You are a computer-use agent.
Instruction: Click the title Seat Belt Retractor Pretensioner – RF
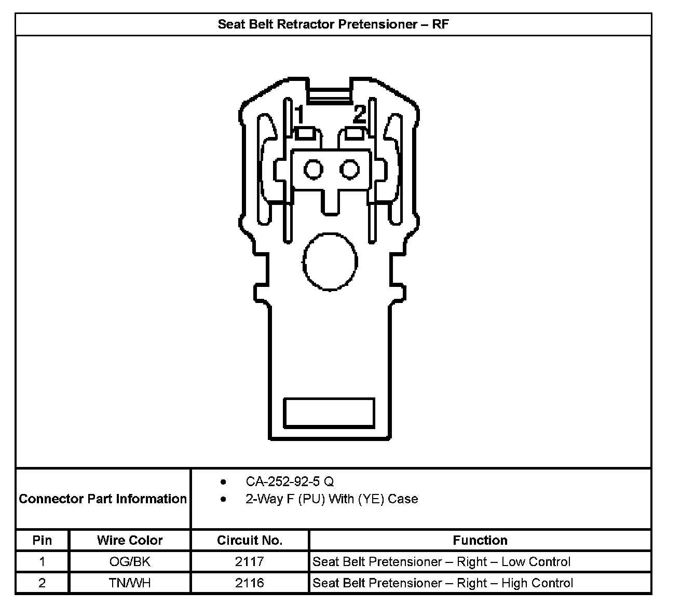pyautogui.click(x=333, y=24)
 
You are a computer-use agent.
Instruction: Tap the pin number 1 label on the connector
pyautogui.click(x=299, y=115)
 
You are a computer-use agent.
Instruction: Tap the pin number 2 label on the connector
pyautogui.click(x=360, y=114)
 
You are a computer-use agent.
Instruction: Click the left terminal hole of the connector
pyautogui.click(x=313, y=169)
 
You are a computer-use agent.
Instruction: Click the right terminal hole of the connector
pyautogui.click(x=349, y=169)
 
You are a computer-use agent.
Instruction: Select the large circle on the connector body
pyautogui.click(x=330, y=261)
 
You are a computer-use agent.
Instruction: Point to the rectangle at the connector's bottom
pyautogui.click(x=329, y=413)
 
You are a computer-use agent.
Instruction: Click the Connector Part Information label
pyautogui.click(x=103, y=499)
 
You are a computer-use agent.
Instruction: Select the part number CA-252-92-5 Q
pyautogui.click(x=290, y=481)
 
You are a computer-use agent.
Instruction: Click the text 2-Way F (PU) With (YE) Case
pyautogui.click(x=331, y=499)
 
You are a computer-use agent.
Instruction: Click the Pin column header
pyautogui.click(x=42, y=540)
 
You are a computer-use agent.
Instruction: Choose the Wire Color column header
pyautogui.click(x=130, y=540)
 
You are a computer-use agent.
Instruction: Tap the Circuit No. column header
pyautogui.click(x=250, y=540)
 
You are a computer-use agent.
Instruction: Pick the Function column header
pyautogui.click(x=480, y=540)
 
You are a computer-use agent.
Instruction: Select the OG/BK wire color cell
pyautogui.click(x=130, y=561)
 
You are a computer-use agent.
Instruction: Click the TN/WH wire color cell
pyautogui.click(x=130, y=583)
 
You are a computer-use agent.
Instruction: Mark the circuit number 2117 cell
pyautogui.click(x=250, y=561)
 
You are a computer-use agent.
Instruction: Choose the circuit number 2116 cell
pyautogui.click(x=250, y=583)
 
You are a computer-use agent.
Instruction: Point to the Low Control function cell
pyautogui.click(x=441, y=561)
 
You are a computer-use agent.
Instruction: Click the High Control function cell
pyautogui.click(x=443, y=583)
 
